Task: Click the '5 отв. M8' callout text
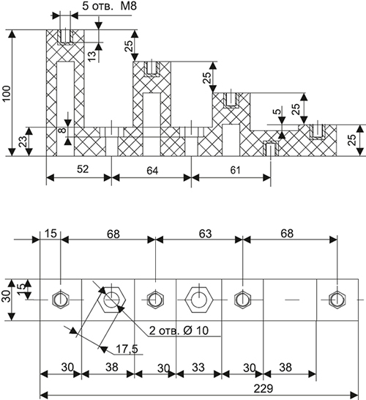[109, 6]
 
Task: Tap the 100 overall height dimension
[7, 93]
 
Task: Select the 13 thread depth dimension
[93, 56]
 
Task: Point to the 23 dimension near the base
[23, 141]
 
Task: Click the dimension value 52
[83, 169]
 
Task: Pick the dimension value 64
[152, 171]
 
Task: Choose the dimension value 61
[235, 170]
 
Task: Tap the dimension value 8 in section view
[62, 130]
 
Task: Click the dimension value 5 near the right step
[278, 111]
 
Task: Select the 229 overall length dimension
[264, 389]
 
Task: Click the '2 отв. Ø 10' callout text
[179, 330]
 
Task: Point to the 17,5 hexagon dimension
[127, 349]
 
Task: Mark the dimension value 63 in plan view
[206, 234]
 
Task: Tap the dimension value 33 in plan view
[198, 368]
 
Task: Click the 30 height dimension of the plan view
[7, 296]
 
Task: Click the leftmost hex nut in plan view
[61, 300]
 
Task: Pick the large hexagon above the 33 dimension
[199, 300]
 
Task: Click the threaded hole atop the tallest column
[66, 37]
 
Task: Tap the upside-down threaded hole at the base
[270, 148]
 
